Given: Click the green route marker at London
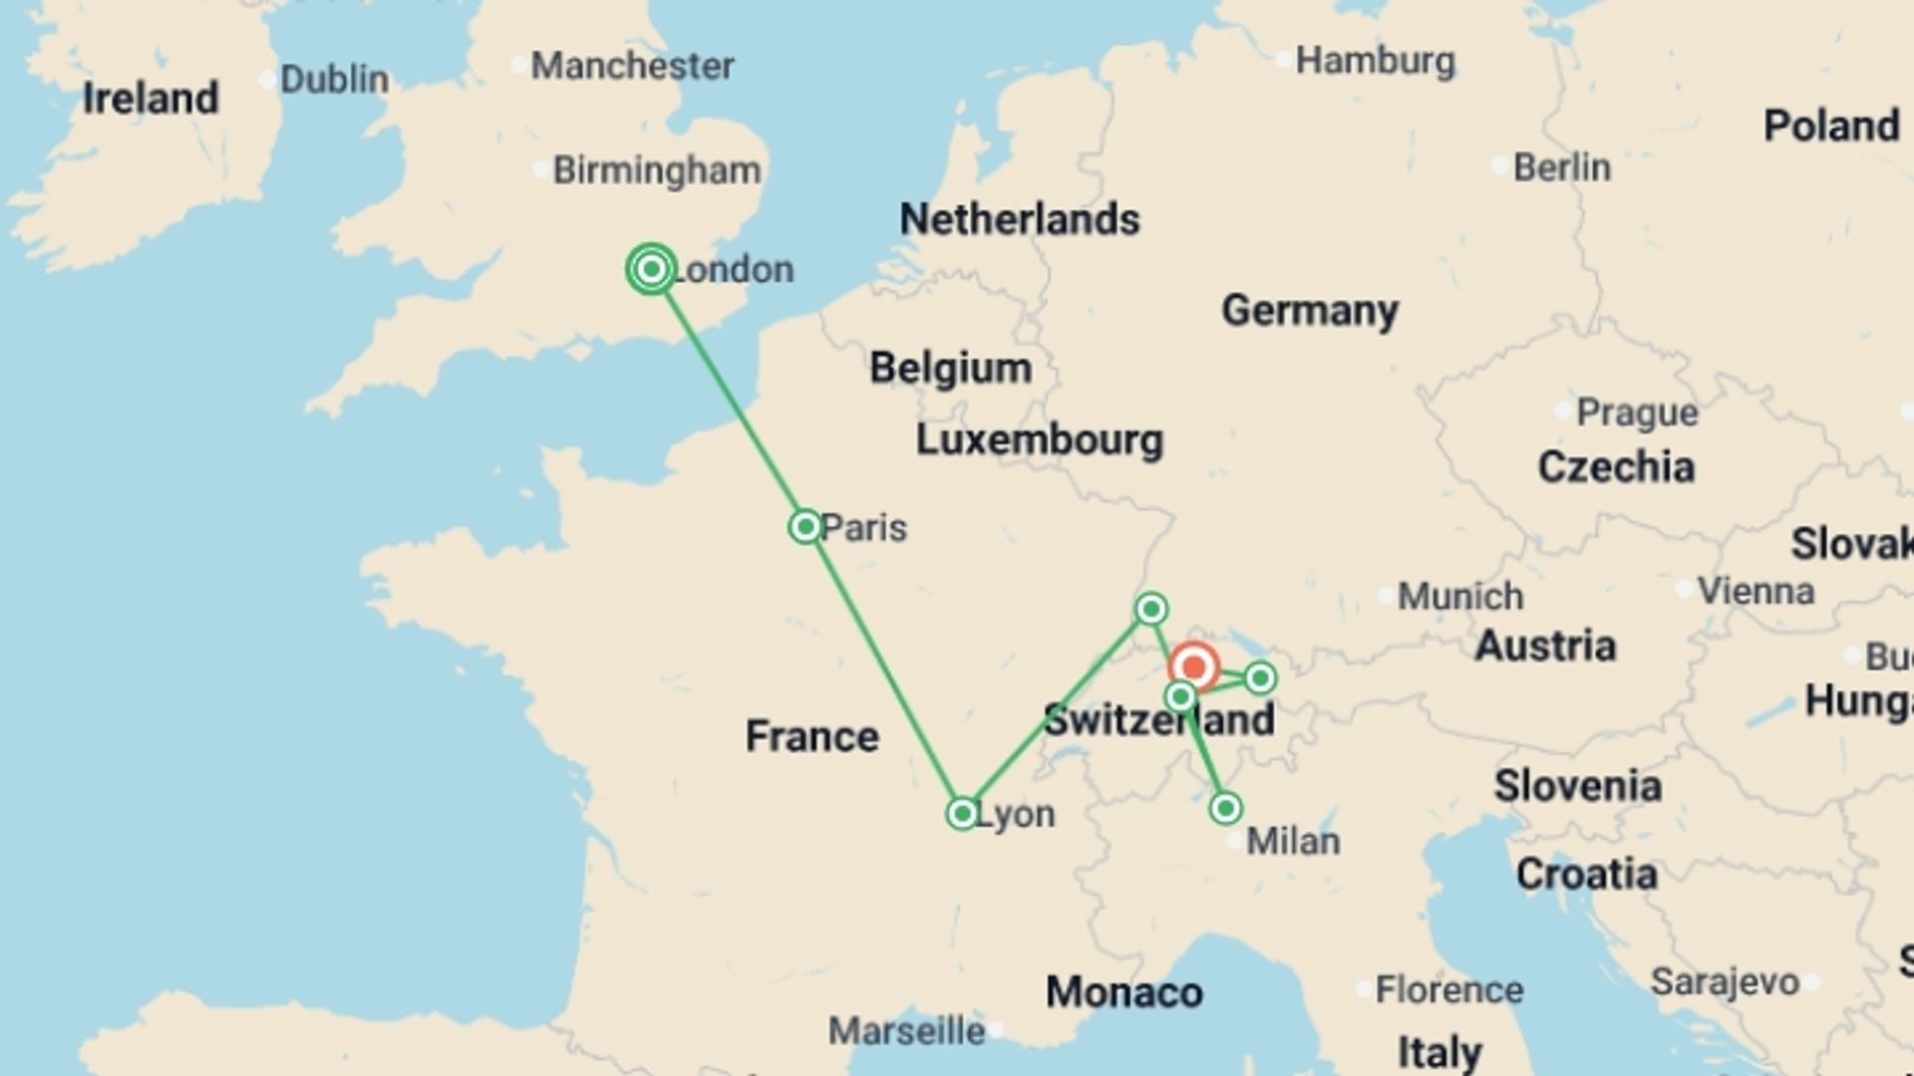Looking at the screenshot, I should click(651, 269).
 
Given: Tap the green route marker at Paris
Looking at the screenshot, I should click(805, 526).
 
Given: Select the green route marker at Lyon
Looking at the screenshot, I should click(962, 814).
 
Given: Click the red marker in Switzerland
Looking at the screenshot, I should click(1193, 667).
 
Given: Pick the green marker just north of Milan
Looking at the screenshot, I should click(1226, 808).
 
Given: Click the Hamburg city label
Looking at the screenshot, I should click(1374, 61).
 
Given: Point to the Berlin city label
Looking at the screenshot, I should click(1561, 167).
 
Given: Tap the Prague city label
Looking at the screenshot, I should click(1636, 412).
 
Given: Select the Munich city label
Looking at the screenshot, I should click(1459, 597).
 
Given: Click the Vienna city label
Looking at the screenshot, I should click(1754, 591).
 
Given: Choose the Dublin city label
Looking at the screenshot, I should click(334, 80).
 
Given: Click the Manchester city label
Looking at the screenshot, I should click(632, 66).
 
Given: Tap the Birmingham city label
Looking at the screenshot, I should click(656, 170).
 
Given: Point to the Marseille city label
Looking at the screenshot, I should click(906, 1031).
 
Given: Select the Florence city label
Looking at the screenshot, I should click(1448, 990).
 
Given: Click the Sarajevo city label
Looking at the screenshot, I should click(1725, 982).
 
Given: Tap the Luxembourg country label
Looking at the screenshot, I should click(1039, 439).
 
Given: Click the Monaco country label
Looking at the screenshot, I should click(1123, 992).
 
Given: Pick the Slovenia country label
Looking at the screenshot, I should click(1577, 786).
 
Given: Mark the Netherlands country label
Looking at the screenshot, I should click(1019, 219).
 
